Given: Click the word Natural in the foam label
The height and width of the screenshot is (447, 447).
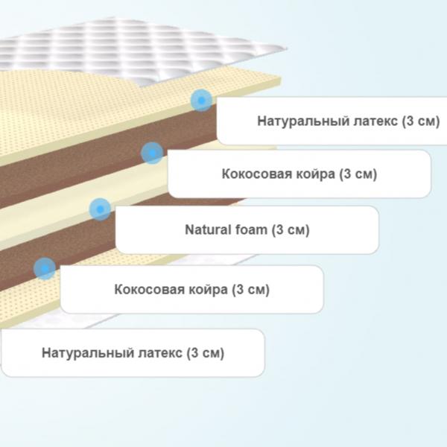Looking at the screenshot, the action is (204, 229).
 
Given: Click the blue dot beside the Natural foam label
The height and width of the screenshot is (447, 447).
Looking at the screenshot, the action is (100, 209).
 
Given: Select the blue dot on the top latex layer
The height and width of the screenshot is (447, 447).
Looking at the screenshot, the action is (202, 101).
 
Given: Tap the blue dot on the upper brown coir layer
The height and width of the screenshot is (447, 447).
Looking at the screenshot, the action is (152, 153).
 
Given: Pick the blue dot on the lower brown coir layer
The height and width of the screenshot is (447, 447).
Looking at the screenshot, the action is (45, 268).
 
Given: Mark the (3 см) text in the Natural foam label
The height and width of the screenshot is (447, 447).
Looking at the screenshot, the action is (291, 229).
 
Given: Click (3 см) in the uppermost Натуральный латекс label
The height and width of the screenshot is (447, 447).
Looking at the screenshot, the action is (421, 121).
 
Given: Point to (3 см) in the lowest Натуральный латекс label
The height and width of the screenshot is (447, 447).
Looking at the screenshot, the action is (206, 353).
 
